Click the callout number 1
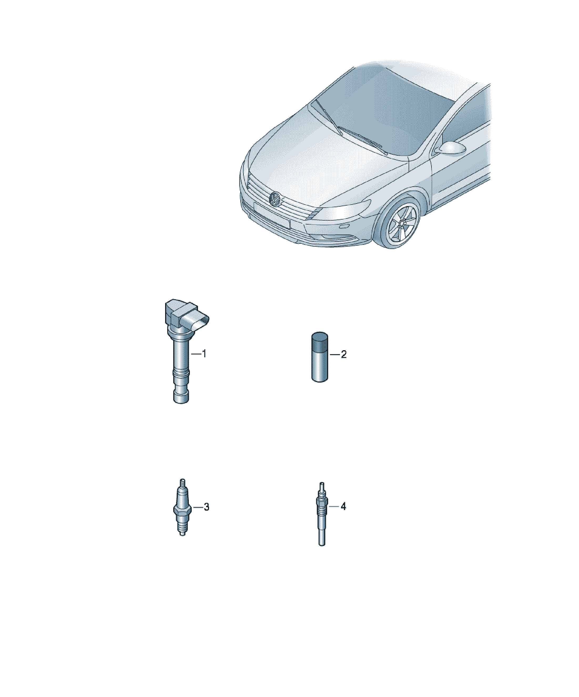204,354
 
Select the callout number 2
344,354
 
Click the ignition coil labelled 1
182,352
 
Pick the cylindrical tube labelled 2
320,357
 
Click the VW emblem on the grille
275,199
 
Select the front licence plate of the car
272,215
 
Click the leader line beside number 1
196,354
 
